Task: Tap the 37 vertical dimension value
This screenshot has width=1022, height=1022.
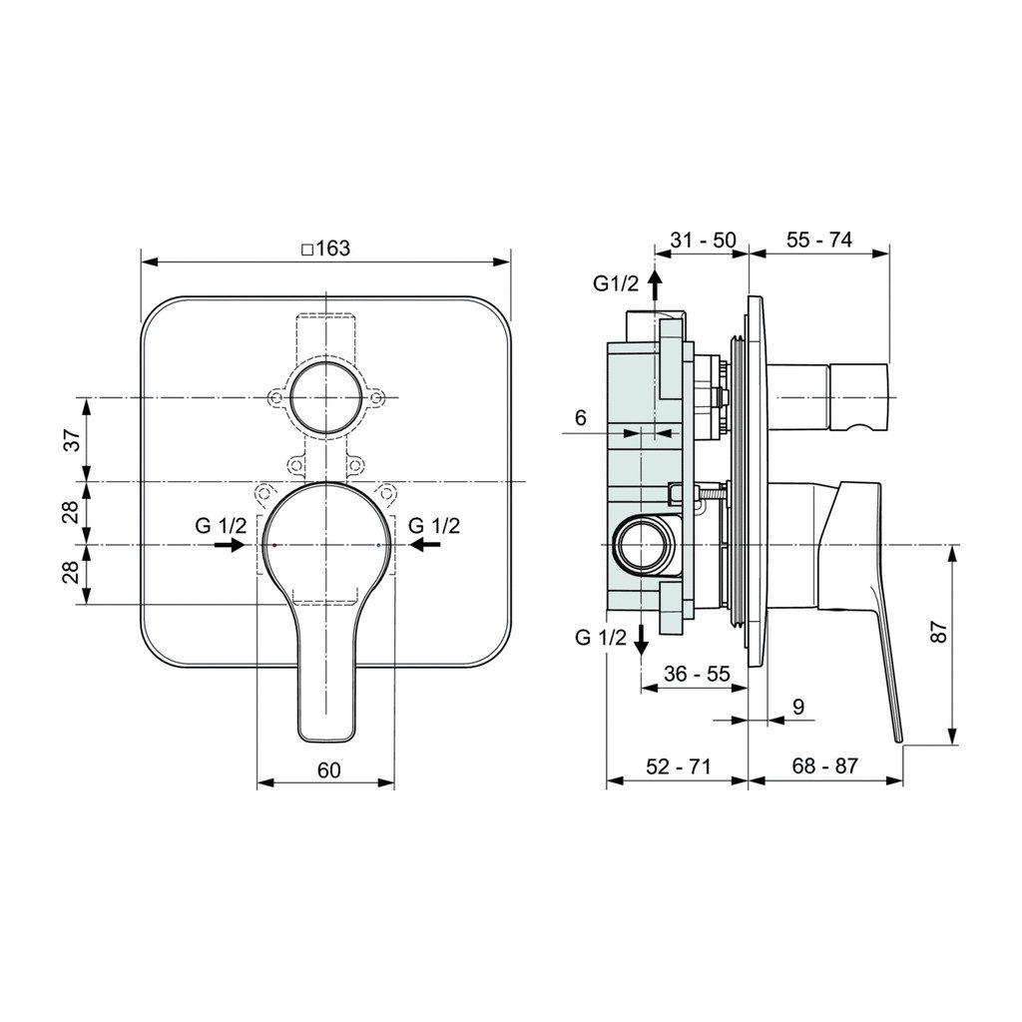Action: point(72,439)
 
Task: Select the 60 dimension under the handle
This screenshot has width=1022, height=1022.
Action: point(329,769)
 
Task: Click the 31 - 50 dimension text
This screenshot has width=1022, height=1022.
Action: point(703,240)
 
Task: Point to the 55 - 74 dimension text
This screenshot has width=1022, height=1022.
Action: point(818,240)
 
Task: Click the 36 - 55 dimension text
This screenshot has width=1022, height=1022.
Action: point(698,674)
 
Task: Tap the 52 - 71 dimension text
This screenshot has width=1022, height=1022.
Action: point(678,766)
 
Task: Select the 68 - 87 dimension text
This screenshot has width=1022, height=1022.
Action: point(824,766)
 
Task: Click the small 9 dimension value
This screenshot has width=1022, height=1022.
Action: point(797,707)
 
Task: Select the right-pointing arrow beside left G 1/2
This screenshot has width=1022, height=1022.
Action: point(232,545)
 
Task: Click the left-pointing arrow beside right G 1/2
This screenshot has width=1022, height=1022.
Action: point(424,545)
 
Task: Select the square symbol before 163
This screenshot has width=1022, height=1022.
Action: point(307,250)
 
